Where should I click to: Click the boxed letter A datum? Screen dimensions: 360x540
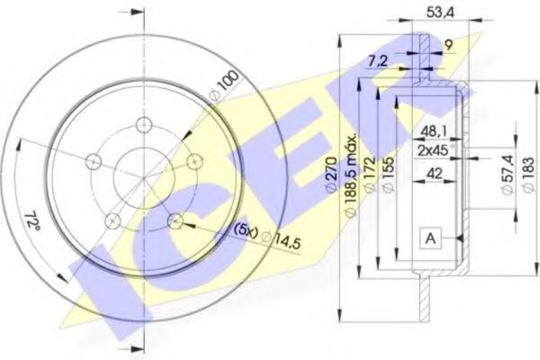431,238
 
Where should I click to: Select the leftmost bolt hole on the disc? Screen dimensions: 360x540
93,161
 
